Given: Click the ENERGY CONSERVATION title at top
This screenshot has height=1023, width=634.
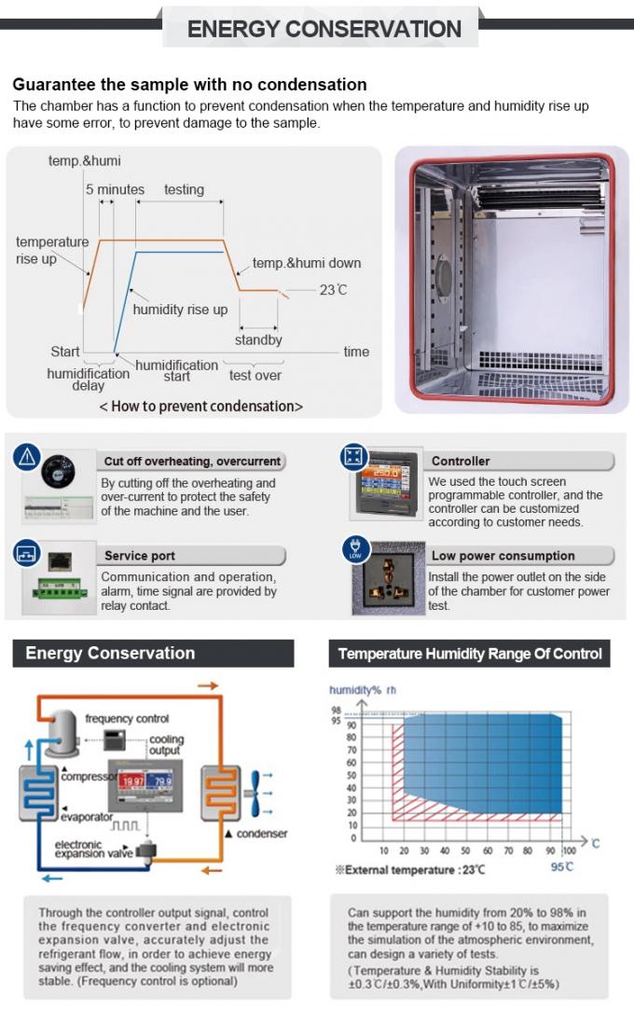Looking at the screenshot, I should click(324, 29).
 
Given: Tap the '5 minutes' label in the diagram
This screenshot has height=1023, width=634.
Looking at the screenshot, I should click(115, 189).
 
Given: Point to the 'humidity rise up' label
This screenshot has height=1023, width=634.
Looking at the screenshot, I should click(180, 310).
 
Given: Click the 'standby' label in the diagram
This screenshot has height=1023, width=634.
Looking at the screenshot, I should click(258, 340).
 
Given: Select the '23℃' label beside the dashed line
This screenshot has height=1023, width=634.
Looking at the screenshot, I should click(333, 290).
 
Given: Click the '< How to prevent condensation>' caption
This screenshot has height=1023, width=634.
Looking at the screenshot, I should click(200, 407).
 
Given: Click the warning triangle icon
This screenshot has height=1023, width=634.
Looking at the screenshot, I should click(26, 457).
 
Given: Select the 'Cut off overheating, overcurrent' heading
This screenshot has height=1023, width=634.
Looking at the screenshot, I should click(192, 462).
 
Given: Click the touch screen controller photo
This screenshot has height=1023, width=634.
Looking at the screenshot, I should click(382, 491).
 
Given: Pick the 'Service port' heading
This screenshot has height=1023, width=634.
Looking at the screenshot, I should click(139, 556).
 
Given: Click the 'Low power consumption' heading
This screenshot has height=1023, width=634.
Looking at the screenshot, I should click(503, 556).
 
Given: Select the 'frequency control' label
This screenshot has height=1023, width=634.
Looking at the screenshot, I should click(128, 719).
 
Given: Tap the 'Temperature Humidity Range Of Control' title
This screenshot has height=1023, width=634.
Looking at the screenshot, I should click(470, 655).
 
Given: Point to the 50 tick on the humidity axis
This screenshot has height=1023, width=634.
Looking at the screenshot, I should click(351, 775).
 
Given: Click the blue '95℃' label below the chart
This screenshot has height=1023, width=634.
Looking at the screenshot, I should click(561, 868).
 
